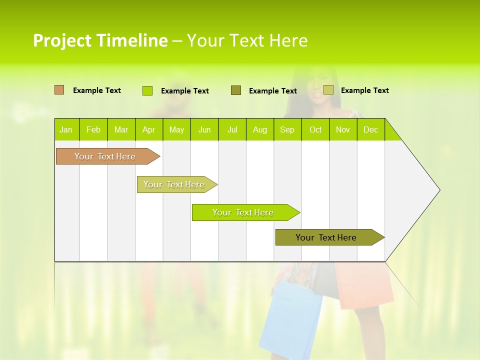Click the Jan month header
pyautogui.click(x=66, y=129)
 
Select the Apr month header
pyautogui.click(x=149, y=129)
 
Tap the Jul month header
pyautogui.click(x=232, y=129)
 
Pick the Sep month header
pyautogui.click(x=287, y=129)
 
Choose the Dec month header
pyautogui.click(x=370, y=129)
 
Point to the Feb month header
pyautogui.click(x=93, y=129)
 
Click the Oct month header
pyautogui.click(x=315, y=129)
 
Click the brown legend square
pyautogui.click(x=59, y=90)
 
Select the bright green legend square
pyautogui.click(x=147, y=90)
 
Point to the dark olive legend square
pyautogui.click(x=236, y=90)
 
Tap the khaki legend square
pyautogui.click(x=328, y=90)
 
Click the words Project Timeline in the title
pyautogui.click(x=100, y=40)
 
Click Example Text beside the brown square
pyautogui.click(x=97, y=90)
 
